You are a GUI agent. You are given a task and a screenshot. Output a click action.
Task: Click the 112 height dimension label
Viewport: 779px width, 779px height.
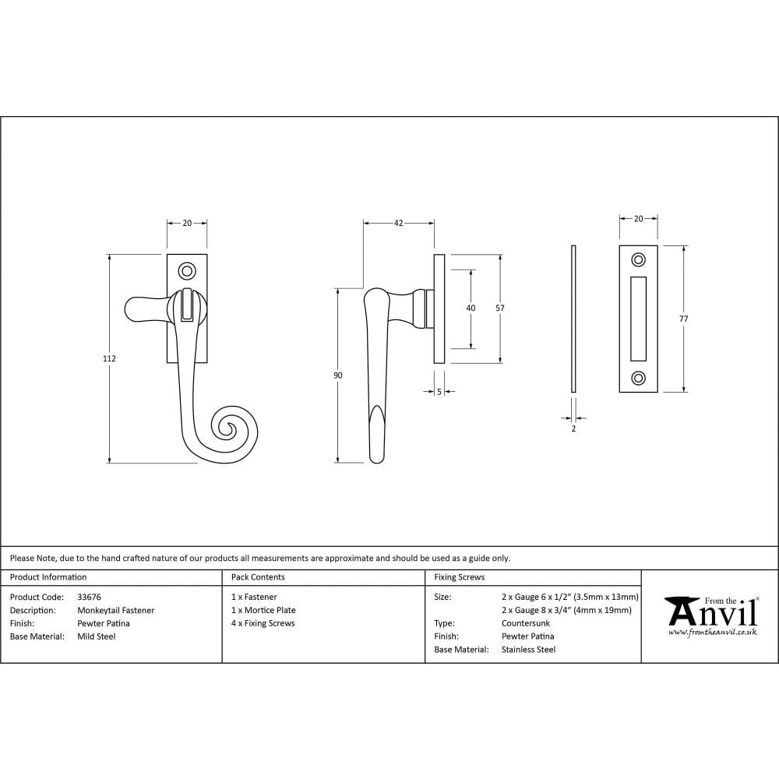pyautogui.click(x=109, y=358)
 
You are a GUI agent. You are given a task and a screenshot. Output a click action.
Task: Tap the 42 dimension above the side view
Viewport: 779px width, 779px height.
pyautogui.click(x=398, y=224)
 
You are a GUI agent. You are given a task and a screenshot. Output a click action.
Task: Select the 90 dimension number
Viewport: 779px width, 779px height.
pyautogui.click(x=337, y=375)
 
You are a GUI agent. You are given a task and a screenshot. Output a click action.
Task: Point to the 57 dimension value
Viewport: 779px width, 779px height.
pyautogui.click(x=499, y=308)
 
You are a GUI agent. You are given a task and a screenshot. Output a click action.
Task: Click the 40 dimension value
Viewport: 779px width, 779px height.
pyautogui.click(x=471, y=308)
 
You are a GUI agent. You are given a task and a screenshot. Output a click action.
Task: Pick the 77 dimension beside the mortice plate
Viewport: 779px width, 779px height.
pyautogui.click(x=683, y=319)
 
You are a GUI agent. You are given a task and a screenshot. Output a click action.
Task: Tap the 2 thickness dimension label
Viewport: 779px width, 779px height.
pyautogui.click(x=573, y=428)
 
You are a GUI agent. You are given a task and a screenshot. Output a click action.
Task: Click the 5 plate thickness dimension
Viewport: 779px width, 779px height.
pyautogui.click(x=439, y=392)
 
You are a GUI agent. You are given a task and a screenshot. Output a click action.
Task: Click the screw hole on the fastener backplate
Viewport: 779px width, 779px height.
pyautogui.click(x=187, y=271)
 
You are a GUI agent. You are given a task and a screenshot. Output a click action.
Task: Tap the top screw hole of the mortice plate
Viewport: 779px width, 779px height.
pyautogui.click(x=638, y=259)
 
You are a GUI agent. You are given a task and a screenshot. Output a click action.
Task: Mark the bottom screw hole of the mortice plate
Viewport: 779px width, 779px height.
pyautogui.click(x=638, y=379)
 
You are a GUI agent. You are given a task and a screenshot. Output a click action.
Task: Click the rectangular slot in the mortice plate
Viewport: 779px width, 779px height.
pyautogui.click(x=638, y=319)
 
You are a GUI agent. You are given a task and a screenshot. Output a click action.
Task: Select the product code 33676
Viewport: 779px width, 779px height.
pyautogui.click(x=89, y=597)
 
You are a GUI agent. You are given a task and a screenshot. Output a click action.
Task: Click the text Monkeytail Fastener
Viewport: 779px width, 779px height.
pyautogui.click(x=115, y=610)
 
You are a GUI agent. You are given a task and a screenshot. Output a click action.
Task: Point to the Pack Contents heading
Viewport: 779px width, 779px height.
pyautogui.click(x=258, y=577)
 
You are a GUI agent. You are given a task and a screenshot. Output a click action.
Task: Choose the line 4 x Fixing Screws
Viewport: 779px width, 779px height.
pyautogui.click(x=263, y=623)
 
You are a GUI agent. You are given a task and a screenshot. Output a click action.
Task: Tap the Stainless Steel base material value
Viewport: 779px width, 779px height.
pyautogui.click(x=528, y=650)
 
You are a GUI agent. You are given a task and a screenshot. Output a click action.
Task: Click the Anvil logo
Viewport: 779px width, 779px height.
pyautogui.click(x=710, y=615)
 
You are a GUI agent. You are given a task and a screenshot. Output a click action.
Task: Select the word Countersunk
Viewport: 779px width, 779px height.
pyautogui.click(x=525, y=623)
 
